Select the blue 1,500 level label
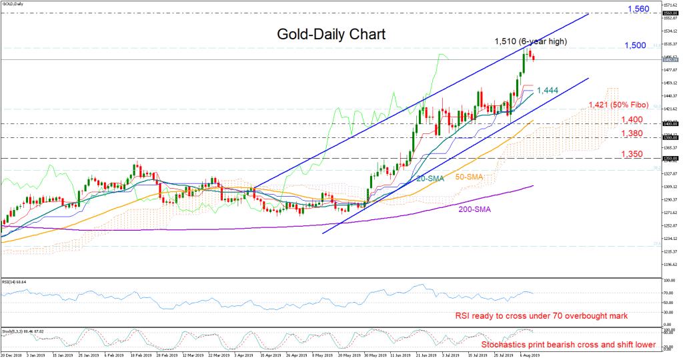(636, 45)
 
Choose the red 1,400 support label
(633, 119)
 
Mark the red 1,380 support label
(633, 133)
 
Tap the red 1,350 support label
(633, 154)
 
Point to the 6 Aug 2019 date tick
(530, 356)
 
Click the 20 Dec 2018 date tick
(11, 356)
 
